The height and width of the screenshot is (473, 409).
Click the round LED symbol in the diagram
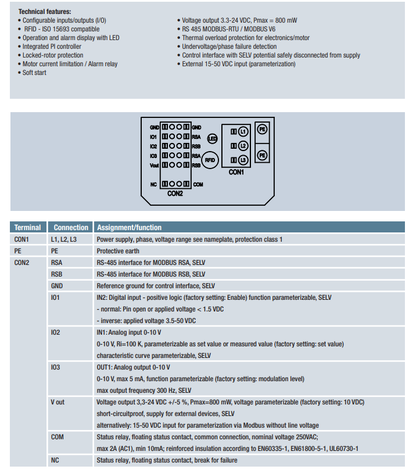(x=212, y=138)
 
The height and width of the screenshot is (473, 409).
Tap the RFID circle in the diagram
(x=210, y=160)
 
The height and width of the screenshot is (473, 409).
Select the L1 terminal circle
(x=243, y=131)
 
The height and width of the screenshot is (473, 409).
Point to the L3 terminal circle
(x=243, y=160)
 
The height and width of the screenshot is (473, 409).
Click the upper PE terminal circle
(x=262, y=129)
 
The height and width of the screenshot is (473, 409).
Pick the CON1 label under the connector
(x=236, y=172)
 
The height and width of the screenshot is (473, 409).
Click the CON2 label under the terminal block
(x=175, y=193)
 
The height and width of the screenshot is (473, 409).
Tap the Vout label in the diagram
(x=154, y=165)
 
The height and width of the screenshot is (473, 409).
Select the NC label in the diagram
(x=153, y=184)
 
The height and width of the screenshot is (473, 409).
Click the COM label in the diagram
(x=198, y=184)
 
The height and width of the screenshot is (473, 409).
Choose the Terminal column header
(x=28, y=227)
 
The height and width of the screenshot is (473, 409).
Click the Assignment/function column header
(x=129, y=227)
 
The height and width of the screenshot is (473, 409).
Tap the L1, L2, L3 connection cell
(x=64, y=239)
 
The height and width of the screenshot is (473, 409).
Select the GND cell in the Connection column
(x=57, y=286)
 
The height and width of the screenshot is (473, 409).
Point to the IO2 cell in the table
(x=56, y=332)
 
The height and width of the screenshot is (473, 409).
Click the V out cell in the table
(x=58, y=402)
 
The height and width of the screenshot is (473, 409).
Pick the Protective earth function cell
(x=118, y=251)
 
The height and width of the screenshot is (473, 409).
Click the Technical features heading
(x=45, y=12)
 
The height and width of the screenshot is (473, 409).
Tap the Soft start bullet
(x=32, y=73)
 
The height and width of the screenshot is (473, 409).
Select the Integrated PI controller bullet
(x=49, y=46)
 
